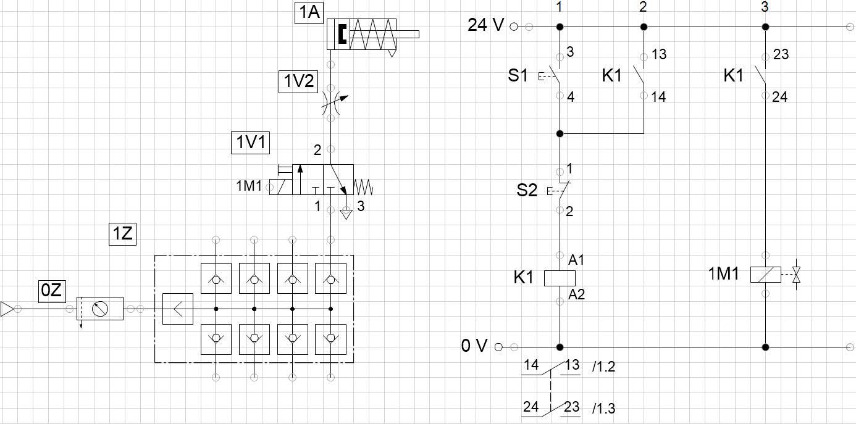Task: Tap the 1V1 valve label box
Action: tap(251, 143)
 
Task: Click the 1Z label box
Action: tap(122, 235)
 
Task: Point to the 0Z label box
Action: tap(51, 291)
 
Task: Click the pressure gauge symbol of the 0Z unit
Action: tap(99, 308)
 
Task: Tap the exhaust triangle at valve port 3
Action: tap(346, 214)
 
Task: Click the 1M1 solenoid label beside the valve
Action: tap(249, 185)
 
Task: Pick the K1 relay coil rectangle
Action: tap(560, 278)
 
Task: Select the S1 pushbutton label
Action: tap(518, 76)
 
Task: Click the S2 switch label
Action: tap(527, 190)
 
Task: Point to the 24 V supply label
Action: tap(486, 26)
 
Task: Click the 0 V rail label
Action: tap(474, 346)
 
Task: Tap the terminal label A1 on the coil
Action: tap(576, 261)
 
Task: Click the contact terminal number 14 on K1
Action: tap(658, 97)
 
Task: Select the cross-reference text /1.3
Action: tap(603, 408)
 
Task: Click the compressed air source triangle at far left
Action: tap(7, 309)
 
